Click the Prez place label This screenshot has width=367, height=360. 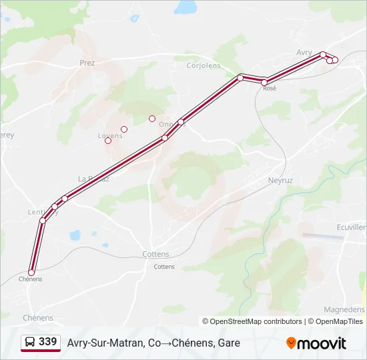point(87,63)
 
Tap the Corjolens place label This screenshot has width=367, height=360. point(203,65)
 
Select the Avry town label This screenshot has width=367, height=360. point(304,52)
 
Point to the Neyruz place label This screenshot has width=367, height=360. point(280,180)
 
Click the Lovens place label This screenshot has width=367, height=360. point(110,136)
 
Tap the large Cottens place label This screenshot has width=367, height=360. point(155,255)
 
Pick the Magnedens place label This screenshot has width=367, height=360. point(344,309)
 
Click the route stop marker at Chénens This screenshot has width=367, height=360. point(31,273)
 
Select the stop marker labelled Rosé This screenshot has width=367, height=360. point(265,83)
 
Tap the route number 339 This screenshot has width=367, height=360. point(47,342)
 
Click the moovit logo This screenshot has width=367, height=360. point(316,343)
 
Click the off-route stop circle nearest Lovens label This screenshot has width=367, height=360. point(108,141)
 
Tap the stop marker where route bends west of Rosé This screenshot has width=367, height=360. point(240,78)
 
